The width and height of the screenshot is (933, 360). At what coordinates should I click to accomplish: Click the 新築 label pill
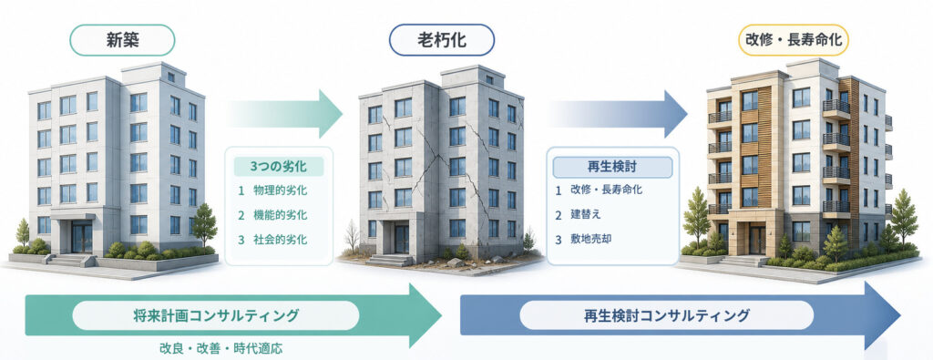[x=122, y=40]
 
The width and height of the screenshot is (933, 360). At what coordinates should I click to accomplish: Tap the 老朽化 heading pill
[x=442, y=40]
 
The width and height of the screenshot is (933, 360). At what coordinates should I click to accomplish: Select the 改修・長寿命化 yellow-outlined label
[x=794, y=40]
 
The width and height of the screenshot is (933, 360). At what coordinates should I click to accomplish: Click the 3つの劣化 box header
[x=279, y=166]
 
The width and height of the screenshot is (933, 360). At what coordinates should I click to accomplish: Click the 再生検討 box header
[x=612, y=167]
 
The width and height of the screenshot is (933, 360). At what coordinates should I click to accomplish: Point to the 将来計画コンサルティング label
[x=215, y=315]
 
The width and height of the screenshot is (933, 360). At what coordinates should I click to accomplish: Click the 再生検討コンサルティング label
[x=666, y=314]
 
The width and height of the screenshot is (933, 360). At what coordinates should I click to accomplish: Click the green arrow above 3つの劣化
[x=284, y=114]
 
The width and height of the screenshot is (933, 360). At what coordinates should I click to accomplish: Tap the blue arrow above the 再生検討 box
[x=617, y=114]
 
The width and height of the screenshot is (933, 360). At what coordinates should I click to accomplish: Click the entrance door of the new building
[x=81, y=237]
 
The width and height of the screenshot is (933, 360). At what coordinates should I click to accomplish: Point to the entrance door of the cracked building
[x=402, y=239]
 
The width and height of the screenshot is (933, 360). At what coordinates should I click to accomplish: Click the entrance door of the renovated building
[x=757, y=239]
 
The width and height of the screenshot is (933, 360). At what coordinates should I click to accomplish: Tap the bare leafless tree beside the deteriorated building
[x=352, y=236]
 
